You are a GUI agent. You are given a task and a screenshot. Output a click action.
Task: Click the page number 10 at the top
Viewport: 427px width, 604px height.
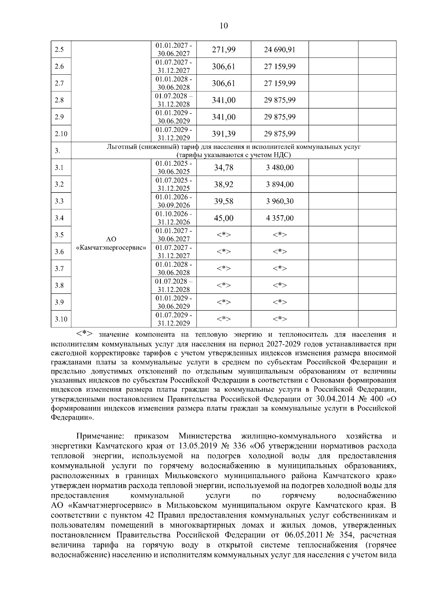point(224,26)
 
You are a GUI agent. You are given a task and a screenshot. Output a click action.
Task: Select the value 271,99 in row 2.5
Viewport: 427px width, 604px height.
point(224,49)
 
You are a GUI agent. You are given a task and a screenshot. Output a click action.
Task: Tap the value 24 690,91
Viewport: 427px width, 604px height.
point(280,49)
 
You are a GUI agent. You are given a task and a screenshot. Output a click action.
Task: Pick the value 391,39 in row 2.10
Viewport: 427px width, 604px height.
point(224,134)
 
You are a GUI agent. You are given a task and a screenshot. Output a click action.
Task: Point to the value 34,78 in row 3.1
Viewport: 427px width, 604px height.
point(224,168)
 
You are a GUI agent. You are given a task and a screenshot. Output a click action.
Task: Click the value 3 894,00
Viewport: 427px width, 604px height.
point(280,184)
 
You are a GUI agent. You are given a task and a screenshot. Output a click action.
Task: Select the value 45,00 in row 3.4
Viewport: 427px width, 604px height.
point(224,218)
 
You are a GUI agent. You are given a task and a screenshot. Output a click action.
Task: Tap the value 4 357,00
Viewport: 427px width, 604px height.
point(280,218)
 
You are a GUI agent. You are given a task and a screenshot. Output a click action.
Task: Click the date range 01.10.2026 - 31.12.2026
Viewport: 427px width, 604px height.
point(174,218)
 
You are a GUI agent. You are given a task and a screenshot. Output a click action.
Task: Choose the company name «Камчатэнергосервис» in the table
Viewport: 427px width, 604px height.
point(111,247)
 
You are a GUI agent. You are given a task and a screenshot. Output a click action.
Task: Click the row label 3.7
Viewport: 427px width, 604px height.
point(59,269)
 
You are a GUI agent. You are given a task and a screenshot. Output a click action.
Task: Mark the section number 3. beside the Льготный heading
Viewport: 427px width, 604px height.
point(57,151)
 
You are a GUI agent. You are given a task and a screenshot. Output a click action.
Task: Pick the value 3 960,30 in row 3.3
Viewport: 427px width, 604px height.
point(280,201)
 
